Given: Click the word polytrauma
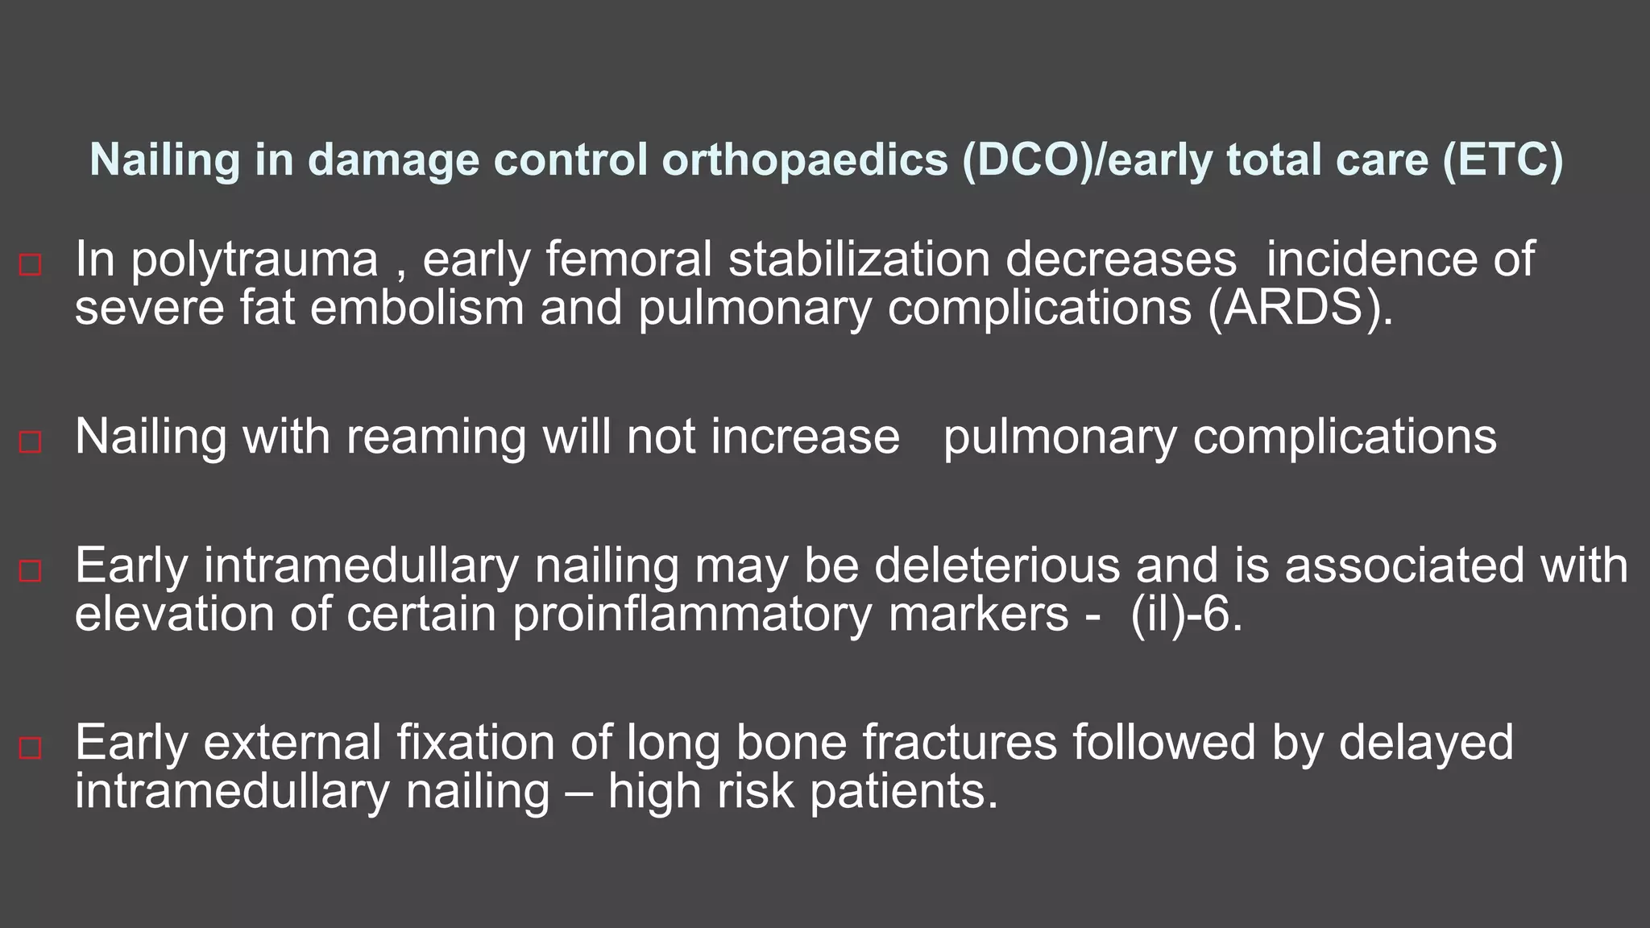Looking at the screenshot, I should click(x=255, y=260).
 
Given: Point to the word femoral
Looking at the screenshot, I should click(x=629, y=260).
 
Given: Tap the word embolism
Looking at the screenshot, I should click(x=417, y=309).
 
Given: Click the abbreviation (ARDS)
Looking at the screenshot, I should click(x=1300, y=309).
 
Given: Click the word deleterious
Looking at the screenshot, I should click(x=997, y=565).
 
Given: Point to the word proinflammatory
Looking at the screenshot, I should click(x=692, y=614).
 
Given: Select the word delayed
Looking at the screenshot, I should click(x=1426, y=742).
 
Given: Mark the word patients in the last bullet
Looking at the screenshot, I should click(x=904, y=791).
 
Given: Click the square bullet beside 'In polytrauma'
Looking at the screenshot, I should click(x=30, y=264).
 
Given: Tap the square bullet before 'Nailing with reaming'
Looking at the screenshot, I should click(x=30, y=441).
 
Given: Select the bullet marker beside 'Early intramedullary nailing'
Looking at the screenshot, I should click(x=30, y=570).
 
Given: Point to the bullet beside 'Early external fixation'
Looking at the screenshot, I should click(x=30, y=748).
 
